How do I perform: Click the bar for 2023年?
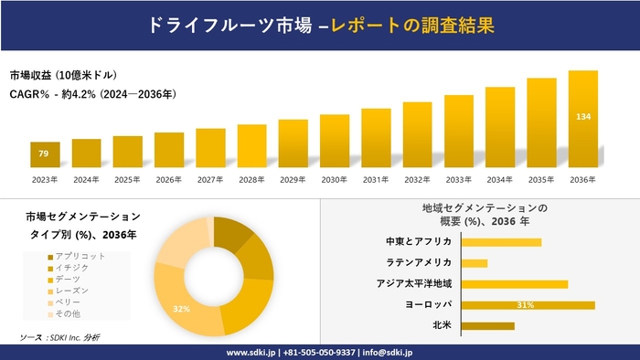click(45, 155)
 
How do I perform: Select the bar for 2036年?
click(582, 120)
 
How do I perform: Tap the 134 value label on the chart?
click(582, 117)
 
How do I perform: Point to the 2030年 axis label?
click(335, 179)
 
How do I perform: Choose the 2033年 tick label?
click(459, 179)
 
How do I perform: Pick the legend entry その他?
click(68, 313)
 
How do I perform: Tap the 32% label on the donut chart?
click(182, 309)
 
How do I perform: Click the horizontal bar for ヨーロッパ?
click(528, 304)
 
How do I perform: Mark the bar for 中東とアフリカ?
click(501, 242)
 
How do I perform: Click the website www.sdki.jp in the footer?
click(252, 352)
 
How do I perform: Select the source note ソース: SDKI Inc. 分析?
click(59, 338)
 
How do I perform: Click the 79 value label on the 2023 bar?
click(43, 152)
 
